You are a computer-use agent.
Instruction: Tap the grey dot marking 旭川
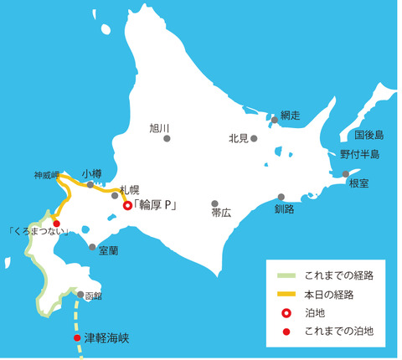click(167, 139)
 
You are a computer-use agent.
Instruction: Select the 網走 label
click(290, 114)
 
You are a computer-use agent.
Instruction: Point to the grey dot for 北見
click(254, 138)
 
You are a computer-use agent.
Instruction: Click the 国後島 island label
click(368, 134)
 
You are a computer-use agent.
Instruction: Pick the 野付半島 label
click(360, 154)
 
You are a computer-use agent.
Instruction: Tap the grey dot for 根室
click(346, 174)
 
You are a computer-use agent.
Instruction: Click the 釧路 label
click(284, 209)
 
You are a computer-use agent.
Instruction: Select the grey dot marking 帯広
click(215, 203)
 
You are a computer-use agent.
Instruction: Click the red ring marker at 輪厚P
click(127, 205)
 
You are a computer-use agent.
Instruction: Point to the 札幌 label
click(129, 190)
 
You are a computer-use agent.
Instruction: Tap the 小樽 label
click(92, 173)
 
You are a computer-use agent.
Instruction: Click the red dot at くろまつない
click(57, 224)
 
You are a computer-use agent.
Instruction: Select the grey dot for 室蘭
click(92, 247)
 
